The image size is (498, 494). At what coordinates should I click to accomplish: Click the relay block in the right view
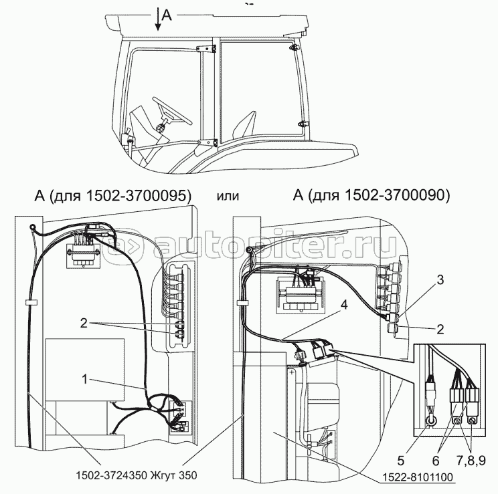[301, 294]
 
